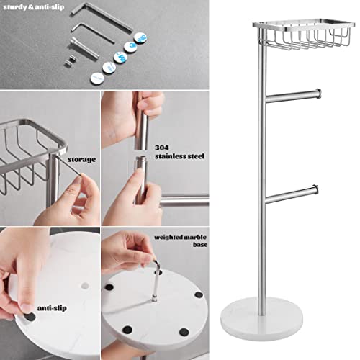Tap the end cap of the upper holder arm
click(x=317, y=91)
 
